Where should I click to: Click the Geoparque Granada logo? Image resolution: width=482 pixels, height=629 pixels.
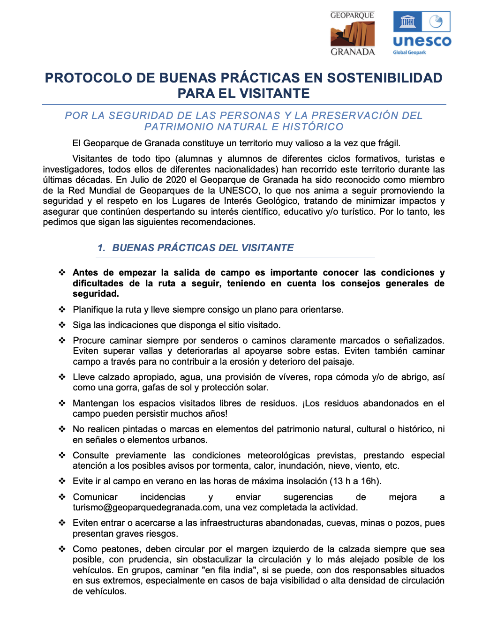click(x=353, y=34)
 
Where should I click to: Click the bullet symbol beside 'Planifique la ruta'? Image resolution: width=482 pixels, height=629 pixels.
click(x=62, y=309)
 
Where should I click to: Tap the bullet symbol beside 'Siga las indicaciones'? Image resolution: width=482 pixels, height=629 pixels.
click(x=62, y=325)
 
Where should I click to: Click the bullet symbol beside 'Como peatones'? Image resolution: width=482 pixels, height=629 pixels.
click(x=62, y=549)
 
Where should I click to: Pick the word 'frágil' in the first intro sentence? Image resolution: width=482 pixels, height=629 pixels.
click(x=388, y=143)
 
